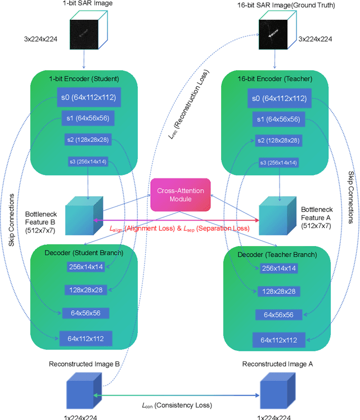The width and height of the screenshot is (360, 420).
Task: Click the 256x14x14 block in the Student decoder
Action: [86, 268]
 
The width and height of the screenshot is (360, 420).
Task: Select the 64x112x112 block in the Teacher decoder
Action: [278, 340]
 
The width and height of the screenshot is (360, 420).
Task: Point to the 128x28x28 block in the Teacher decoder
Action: [278, 291]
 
